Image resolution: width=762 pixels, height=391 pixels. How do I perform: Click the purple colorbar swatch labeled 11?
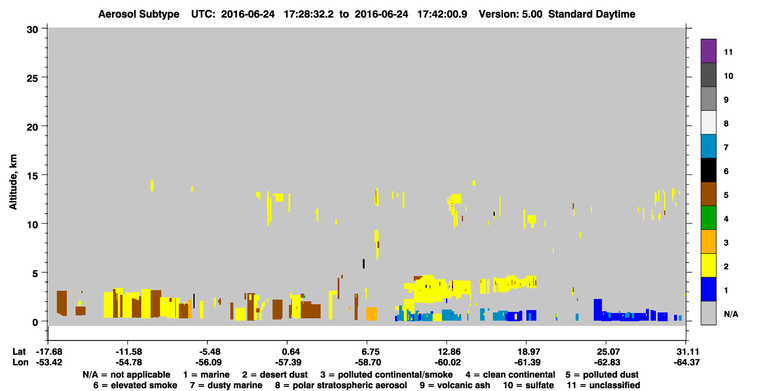tap(708, 50)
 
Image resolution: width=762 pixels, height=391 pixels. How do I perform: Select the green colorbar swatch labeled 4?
tap(708, 218)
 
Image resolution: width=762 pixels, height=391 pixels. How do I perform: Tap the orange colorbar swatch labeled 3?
tap(708, 242)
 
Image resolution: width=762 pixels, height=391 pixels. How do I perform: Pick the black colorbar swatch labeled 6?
tap(708, 170)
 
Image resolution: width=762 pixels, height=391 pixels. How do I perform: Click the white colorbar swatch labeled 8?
tap(708, 123)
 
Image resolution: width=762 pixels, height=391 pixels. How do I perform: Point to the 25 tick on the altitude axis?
tap(45, 77)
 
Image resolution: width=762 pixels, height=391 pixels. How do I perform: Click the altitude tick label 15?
tap(32, 176)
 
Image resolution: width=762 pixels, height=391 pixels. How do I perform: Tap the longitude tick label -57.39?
tap(288, 362)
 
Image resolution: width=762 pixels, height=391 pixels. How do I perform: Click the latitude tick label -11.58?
tap(128, 352)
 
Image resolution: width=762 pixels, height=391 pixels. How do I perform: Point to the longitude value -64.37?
tap(686, 362)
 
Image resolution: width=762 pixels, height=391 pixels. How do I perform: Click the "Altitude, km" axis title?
tap(13, 182)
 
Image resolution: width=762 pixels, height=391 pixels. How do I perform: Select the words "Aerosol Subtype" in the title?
tap(139, 14)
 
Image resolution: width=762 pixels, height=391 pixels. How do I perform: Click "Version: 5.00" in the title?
tap(511, 14)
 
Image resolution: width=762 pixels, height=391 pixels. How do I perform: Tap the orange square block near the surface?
tap(372, 314)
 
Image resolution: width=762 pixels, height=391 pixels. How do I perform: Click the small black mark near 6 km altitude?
tap(363, 264)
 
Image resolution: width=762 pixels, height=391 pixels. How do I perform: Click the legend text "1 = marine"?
tap(206, 375)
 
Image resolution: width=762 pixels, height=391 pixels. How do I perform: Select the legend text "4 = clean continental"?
tap(511, 375)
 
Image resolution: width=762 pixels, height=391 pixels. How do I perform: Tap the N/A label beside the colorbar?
tap(731, 314)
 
